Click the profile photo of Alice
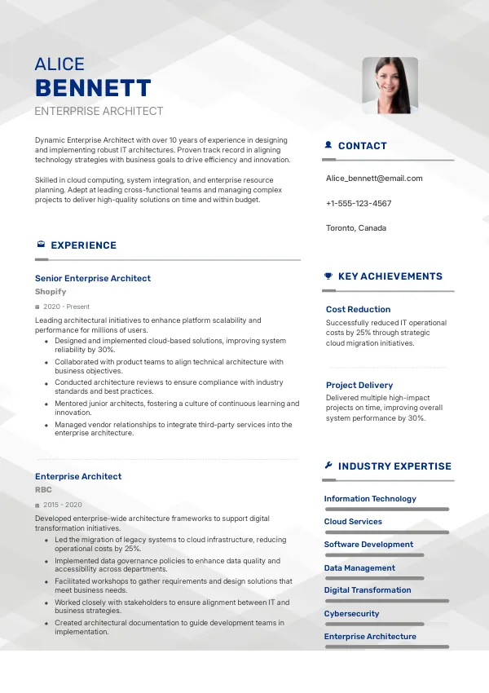pyautogui.click(x=390, y=86)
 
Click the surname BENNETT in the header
pyautogui.click(x=93, y=88)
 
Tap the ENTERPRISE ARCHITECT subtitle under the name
pyautogui.click(x=99, y=111)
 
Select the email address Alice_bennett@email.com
pyautogui.click(x=374, y=178)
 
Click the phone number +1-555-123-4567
pyautogui.click(x=359, y=203)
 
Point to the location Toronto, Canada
pyautogui.click(x=356, y=228)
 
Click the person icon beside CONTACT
pyautogui.click(x=328, y=145)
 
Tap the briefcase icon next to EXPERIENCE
pyautogui.click(x=41, y=245)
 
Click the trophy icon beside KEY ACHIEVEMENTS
pyautogui.click(x=328, y=276)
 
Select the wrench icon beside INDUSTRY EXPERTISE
pyautogui.click(x=328, y=466)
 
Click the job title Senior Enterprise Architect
pyautogui.click(x=93, y=278)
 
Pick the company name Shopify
pyautogui.click(x=51, y=291)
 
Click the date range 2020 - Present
pyautogui.click(x=66, y=307)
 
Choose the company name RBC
pyautogui.click(x=43, y=490)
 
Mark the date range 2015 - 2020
pyautogui.click(x=63, y=505)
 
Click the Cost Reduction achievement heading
pyautogui.click(x=358, y=309)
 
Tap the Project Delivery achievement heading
pyautogui.click(x=359, y=385)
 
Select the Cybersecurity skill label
pyautogui.click(x=351, y=613)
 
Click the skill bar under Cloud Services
pyautogui.click(x=386, y=532)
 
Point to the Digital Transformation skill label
pyautogui.click(x=368, y=589)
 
